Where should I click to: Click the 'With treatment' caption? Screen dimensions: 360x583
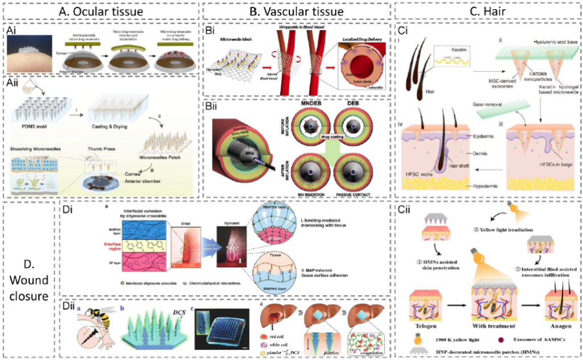492,328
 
